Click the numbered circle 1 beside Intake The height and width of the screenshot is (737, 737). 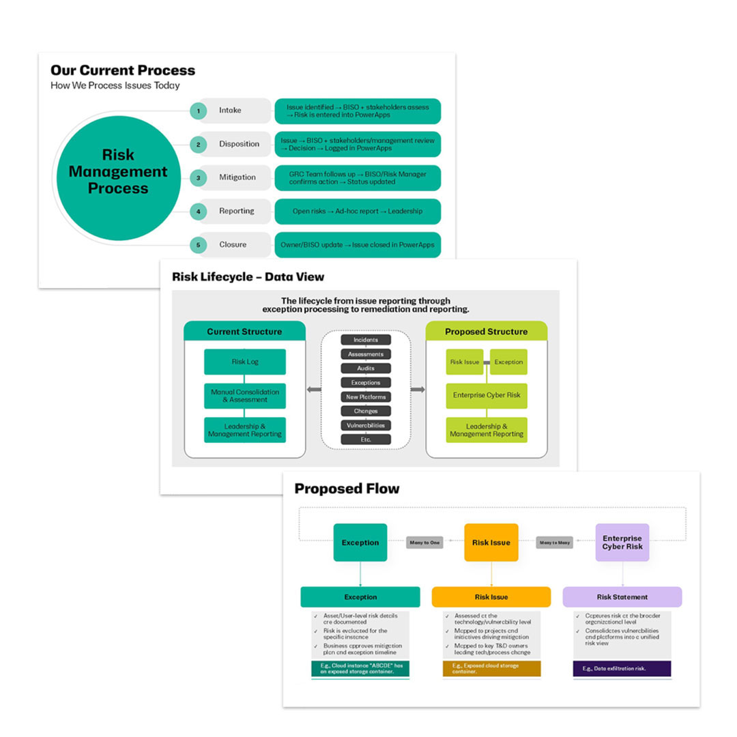coord(198,111)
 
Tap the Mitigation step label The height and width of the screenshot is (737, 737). coord(237,177)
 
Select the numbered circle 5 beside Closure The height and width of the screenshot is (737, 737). coord(198,244)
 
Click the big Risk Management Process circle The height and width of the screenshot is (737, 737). coord(118,172)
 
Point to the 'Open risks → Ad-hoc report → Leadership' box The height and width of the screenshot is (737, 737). coord(358,211)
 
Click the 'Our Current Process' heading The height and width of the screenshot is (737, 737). coord(123,70)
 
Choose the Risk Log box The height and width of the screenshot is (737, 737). coord(245,362)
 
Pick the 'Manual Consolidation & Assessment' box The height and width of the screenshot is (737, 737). coord(245,396)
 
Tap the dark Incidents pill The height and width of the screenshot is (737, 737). coord(366,340)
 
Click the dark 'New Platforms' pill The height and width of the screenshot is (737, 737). coord(366,396)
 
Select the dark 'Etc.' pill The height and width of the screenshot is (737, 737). coord(366,439)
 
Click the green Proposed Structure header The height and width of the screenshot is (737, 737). coord(486,332)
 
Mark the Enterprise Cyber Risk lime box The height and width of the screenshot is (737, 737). coord(487,396)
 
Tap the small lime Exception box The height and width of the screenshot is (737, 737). coord(508,362)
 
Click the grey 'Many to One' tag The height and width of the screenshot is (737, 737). coord(425,543)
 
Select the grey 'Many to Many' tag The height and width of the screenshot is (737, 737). coord(554,543)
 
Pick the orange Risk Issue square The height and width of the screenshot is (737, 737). coord(491,543)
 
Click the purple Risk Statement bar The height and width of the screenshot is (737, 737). coord(622,597)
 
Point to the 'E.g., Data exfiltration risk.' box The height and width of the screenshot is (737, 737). coord(622,668)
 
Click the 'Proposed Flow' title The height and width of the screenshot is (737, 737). coord(347,489)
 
